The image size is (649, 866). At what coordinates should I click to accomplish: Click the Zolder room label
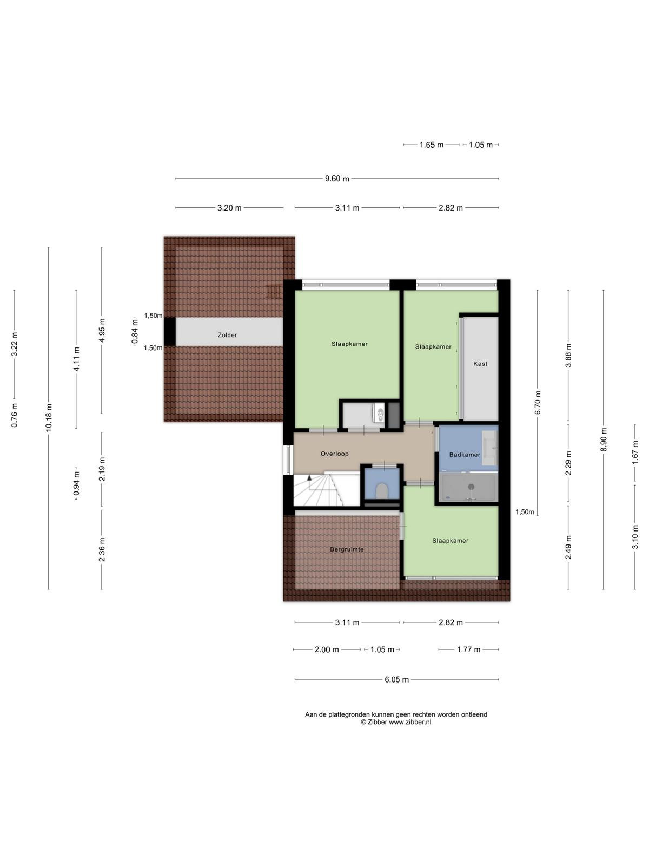pyautogui.click(x=227, y=335)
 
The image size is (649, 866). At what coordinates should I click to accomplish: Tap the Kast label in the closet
pyautogui.click(x=480, y=364)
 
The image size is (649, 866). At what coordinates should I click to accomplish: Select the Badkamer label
pyautogui.click(x=465, y=455)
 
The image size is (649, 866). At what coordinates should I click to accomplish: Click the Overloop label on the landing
pyautogui.click(x=334, y=454)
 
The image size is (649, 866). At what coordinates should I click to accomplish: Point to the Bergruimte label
pyautogui.click(x=347, y=549)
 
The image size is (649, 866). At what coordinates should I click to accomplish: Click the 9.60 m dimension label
pyautogui.click(x=337, y=179)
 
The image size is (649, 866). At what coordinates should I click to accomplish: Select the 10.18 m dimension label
pyautogui.click(x=49, y=417)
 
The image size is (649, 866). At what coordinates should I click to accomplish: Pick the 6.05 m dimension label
pyautogui.click(x=396, y=679)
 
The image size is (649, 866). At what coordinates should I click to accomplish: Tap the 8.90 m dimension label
pyautogui.click(x=603, y=440)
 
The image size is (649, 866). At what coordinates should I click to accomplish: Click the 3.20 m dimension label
pyautogui.click(x=229, y=208)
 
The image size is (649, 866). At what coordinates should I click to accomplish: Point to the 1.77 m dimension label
pyautogui.click(x=468, y=649)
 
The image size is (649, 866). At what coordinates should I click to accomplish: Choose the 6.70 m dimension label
pyautogui.click(x=538, y=402)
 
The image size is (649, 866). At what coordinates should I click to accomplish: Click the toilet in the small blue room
pyautogui.click(x=381, y=491)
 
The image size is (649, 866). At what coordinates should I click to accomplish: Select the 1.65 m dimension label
pyautogui.click(x=432, y=145)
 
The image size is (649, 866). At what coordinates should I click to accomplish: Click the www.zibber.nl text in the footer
pyautogui.click(x=410, y=723)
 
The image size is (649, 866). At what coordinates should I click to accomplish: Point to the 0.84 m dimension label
pyautogui.click(x=135, y=337)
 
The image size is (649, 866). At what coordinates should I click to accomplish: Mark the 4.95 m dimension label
pyautogui.click(x=102, y=331)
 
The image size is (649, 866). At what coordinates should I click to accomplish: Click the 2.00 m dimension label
pyautogui.click(x=327, y=649)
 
